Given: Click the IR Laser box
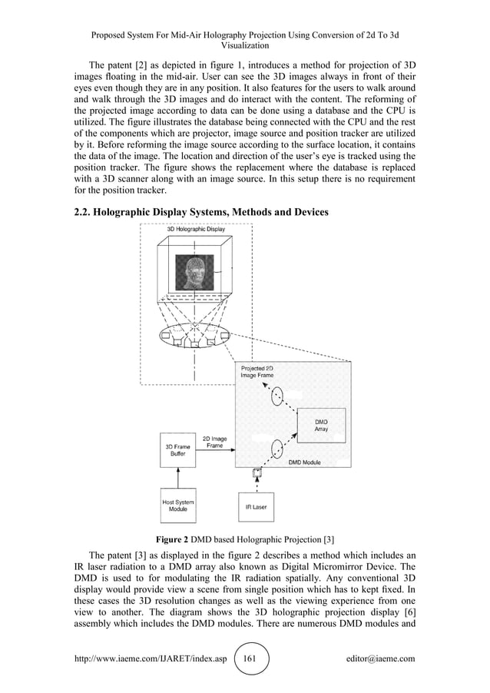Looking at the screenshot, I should click(256, 507).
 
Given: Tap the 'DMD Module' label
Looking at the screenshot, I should click(305, 463).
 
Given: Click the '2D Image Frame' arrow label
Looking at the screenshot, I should click(214, 443).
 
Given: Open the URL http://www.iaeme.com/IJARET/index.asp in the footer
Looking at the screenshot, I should click(150, 658).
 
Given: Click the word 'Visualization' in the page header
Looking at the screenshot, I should click(245, 46).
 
